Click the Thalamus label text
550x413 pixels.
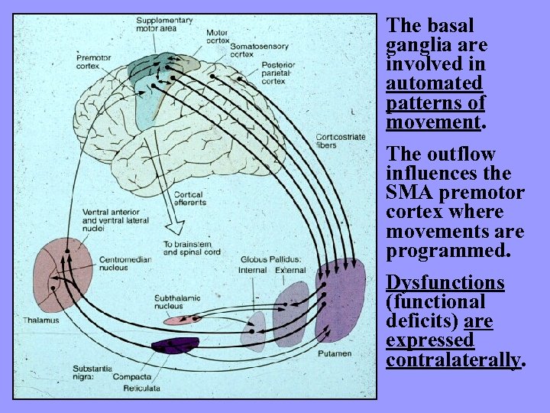tap(40, 320)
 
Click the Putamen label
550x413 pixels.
tap(335, 353)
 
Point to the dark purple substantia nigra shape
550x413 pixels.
tap(175, 346)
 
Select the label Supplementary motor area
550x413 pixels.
tap(165, 24)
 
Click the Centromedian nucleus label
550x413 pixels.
tap(125, 264)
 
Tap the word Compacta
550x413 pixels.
tap(131, 376)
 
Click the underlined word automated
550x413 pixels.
tap(434, 83)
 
